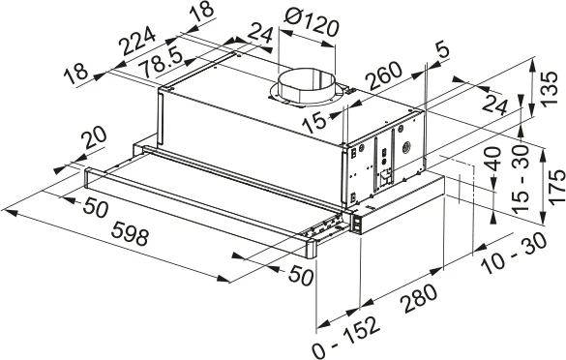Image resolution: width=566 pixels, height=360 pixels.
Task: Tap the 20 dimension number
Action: (95, 142)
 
